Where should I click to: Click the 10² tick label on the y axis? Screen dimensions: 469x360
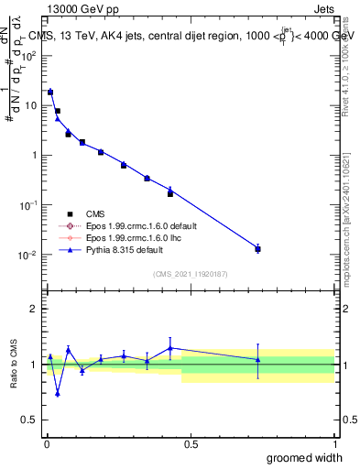pyautogui.click(x=30, y=55)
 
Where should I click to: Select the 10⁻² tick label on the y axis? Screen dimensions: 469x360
pyautogui.click(x=30, y=255)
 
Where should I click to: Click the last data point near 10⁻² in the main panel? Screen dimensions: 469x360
pyautogui.click(x=258, y=249)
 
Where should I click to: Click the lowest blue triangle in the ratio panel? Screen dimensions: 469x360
pyautogui.click(x=58, y=394)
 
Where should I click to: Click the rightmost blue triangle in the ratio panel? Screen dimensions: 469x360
pyautogui.click(x=258, y=359)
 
